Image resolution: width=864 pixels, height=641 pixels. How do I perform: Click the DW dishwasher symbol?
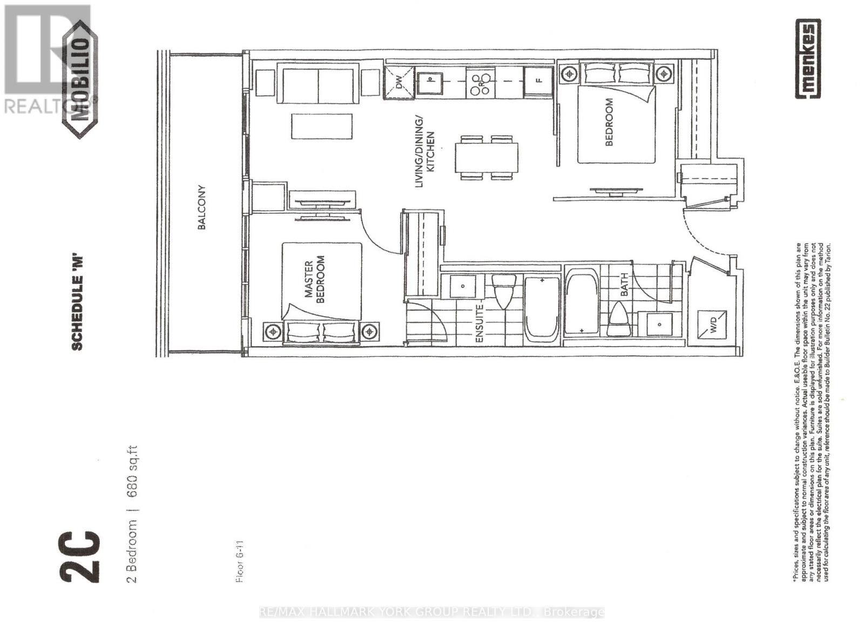[399, 82]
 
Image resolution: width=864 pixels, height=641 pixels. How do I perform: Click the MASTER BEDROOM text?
[314, 280]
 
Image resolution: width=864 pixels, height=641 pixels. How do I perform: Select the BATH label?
[624, 284]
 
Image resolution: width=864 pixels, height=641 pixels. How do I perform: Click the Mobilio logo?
[80, 79]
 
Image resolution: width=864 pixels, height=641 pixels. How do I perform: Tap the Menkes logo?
[808, 59]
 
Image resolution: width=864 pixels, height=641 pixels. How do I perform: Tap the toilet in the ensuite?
[504, 291]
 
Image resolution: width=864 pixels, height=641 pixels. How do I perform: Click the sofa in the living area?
[318, 83]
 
